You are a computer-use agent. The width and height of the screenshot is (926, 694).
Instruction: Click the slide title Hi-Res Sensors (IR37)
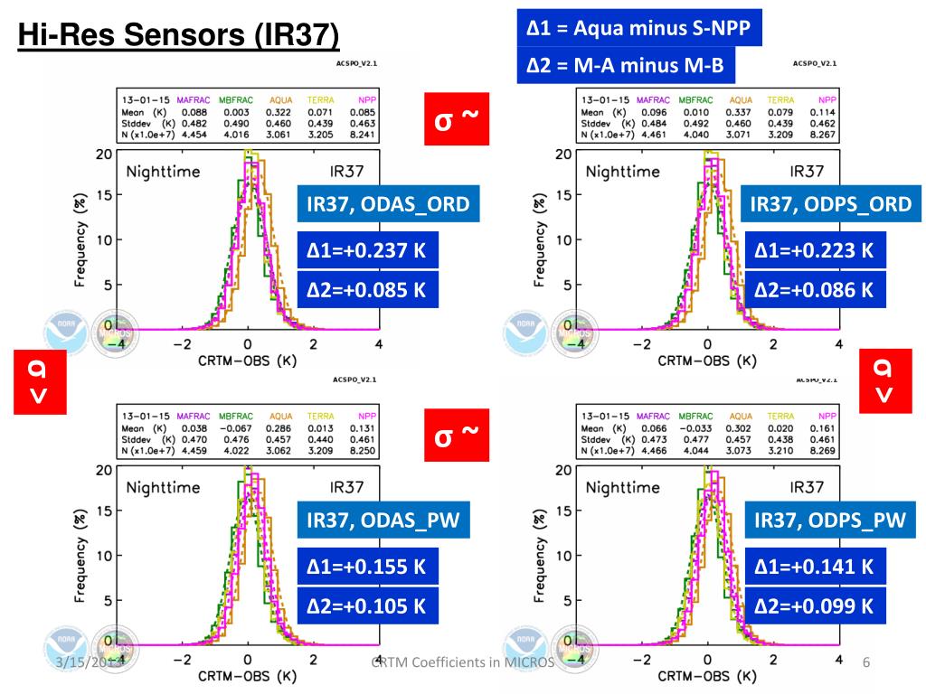(x=179, y=37)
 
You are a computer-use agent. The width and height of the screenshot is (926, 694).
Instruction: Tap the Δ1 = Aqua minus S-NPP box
(x=639, y=28)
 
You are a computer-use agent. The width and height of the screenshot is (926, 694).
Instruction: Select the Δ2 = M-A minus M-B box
(x=625, y=65)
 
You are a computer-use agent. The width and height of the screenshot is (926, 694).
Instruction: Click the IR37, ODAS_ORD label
(x=388, y=204)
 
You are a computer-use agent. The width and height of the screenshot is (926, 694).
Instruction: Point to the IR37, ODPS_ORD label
(x=830, y=204)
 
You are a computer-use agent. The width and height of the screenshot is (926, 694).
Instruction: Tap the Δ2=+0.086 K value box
(x=815, y=290)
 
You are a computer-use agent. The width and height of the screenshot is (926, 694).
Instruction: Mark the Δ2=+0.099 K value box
(x=815, y=605)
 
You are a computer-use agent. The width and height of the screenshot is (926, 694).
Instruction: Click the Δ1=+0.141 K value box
(x=815, y=567)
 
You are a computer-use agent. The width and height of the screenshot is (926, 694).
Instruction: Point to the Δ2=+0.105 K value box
(x=367, y=605)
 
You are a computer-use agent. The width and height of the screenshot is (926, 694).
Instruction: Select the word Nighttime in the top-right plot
(x=623, y=171)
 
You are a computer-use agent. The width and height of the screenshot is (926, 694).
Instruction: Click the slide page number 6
(x=865, y=664)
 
